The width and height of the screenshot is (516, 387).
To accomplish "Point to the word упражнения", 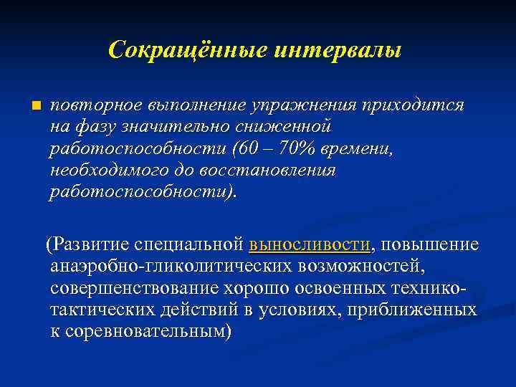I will point(302,105).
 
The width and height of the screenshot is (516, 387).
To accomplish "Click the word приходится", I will point(414,105).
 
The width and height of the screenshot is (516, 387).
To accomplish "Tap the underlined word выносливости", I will point(310,244).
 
